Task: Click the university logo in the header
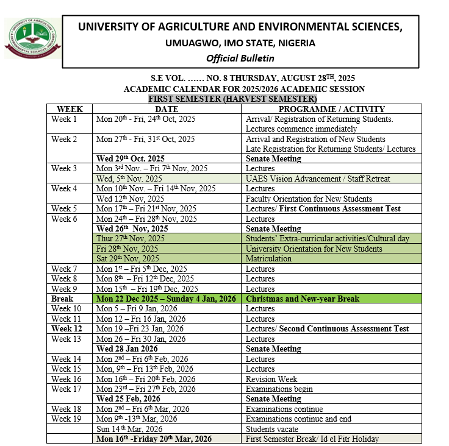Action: [32, 38]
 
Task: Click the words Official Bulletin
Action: [240, 58]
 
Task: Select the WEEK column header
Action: [70, 109]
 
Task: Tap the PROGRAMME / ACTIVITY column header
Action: [332, 109]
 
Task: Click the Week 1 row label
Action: [64, 119]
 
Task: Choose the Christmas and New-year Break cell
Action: [302, 299]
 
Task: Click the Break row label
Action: [62, 299]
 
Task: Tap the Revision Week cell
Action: [271, 378]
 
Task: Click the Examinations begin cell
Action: [279, 389]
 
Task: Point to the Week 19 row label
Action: [66, 419]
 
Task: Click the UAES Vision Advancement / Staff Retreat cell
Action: [317, 179]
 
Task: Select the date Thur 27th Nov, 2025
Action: [131, 238]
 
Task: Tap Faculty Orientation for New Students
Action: [309, 199]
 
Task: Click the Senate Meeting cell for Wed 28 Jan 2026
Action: [273, 349]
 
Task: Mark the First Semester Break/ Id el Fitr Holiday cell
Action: [312, 439]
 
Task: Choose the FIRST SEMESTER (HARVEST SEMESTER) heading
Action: [232, 99]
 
